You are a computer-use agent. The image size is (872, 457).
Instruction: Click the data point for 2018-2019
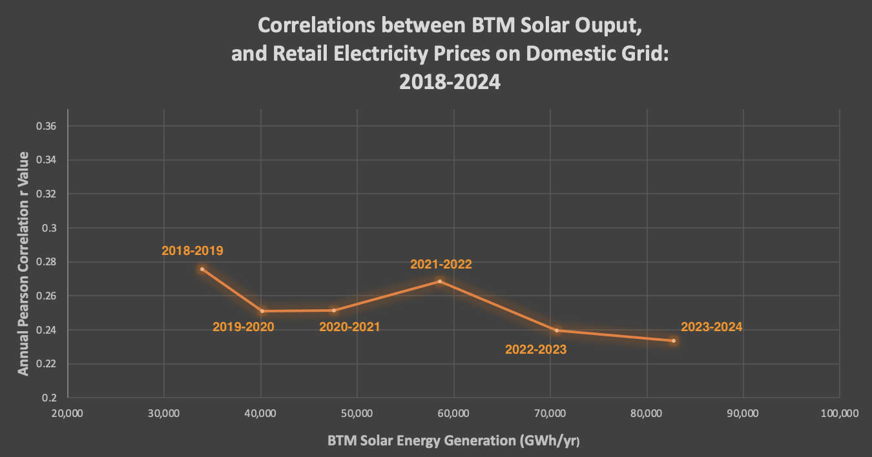point(202,269)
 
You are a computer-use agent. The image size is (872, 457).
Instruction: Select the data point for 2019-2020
point(262,311)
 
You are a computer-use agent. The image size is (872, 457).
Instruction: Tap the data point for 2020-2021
point(334,310)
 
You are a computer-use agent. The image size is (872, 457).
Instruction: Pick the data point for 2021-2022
point(440,281)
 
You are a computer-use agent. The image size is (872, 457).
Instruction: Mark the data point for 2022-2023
point(556,330)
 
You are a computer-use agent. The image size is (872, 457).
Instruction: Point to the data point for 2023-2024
point(674,341)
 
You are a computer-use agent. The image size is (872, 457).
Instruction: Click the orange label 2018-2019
point(192,251)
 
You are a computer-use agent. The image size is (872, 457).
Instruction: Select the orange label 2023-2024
point(711,327)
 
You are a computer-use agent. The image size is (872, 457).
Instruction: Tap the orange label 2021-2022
point(441,264)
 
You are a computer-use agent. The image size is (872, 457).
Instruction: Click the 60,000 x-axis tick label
point(453,413)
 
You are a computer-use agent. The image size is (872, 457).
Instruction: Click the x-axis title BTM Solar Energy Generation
point(453,442)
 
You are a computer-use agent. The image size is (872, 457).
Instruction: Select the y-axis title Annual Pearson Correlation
point(23,263)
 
